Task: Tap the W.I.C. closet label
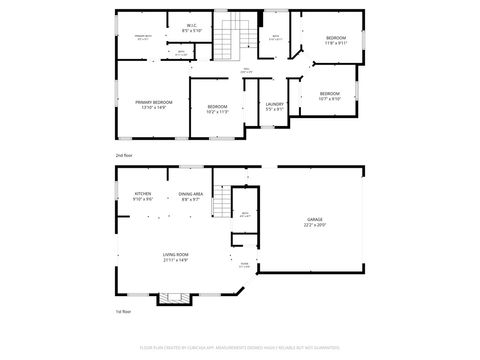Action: pos(194,25)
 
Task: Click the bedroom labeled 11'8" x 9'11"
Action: pos(335,38)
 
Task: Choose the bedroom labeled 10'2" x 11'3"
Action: pos(218,108)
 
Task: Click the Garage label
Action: pos(315,219)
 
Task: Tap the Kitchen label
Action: pos(143,193)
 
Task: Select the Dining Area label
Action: pos(192,193)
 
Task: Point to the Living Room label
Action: pos(176,255)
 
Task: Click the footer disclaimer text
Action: pos(239,347)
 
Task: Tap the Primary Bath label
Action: pos(145,37)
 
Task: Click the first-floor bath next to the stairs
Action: pos(244,214)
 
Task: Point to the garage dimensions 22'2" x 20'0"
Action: pos(315,225)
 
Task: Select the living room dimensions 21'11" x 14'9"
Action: pos(176,261)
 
